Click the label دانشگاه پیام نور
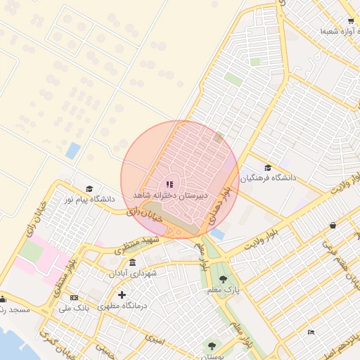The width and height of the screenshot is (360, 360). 88,200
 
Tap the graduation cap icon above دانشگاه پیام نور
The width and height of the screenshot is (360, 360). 89,188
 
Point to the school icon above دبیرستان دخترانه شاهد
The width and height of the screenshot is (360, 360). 169,184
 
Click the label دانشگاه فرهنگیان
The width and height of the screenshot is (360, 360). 269,178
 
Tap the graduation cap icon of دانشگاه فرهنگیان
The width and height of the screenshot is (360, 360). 268,167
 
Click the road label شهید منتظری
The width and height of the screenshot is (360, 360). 134,245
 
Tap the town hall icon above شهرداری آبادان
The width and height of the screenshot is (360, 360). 133,262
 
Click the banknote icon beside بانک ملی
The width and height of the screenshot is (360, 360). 74,297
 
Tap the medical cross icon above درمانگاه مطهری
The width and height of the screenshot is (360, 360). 122,295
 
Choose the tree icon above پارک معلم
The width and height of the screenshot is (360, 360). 224,278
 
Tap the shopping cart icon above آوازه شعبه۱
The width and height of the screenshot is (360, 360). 350,22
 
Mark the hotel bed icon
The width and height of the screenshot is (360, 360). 311,332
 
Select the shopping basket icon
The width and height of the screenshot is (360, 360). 332,226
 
